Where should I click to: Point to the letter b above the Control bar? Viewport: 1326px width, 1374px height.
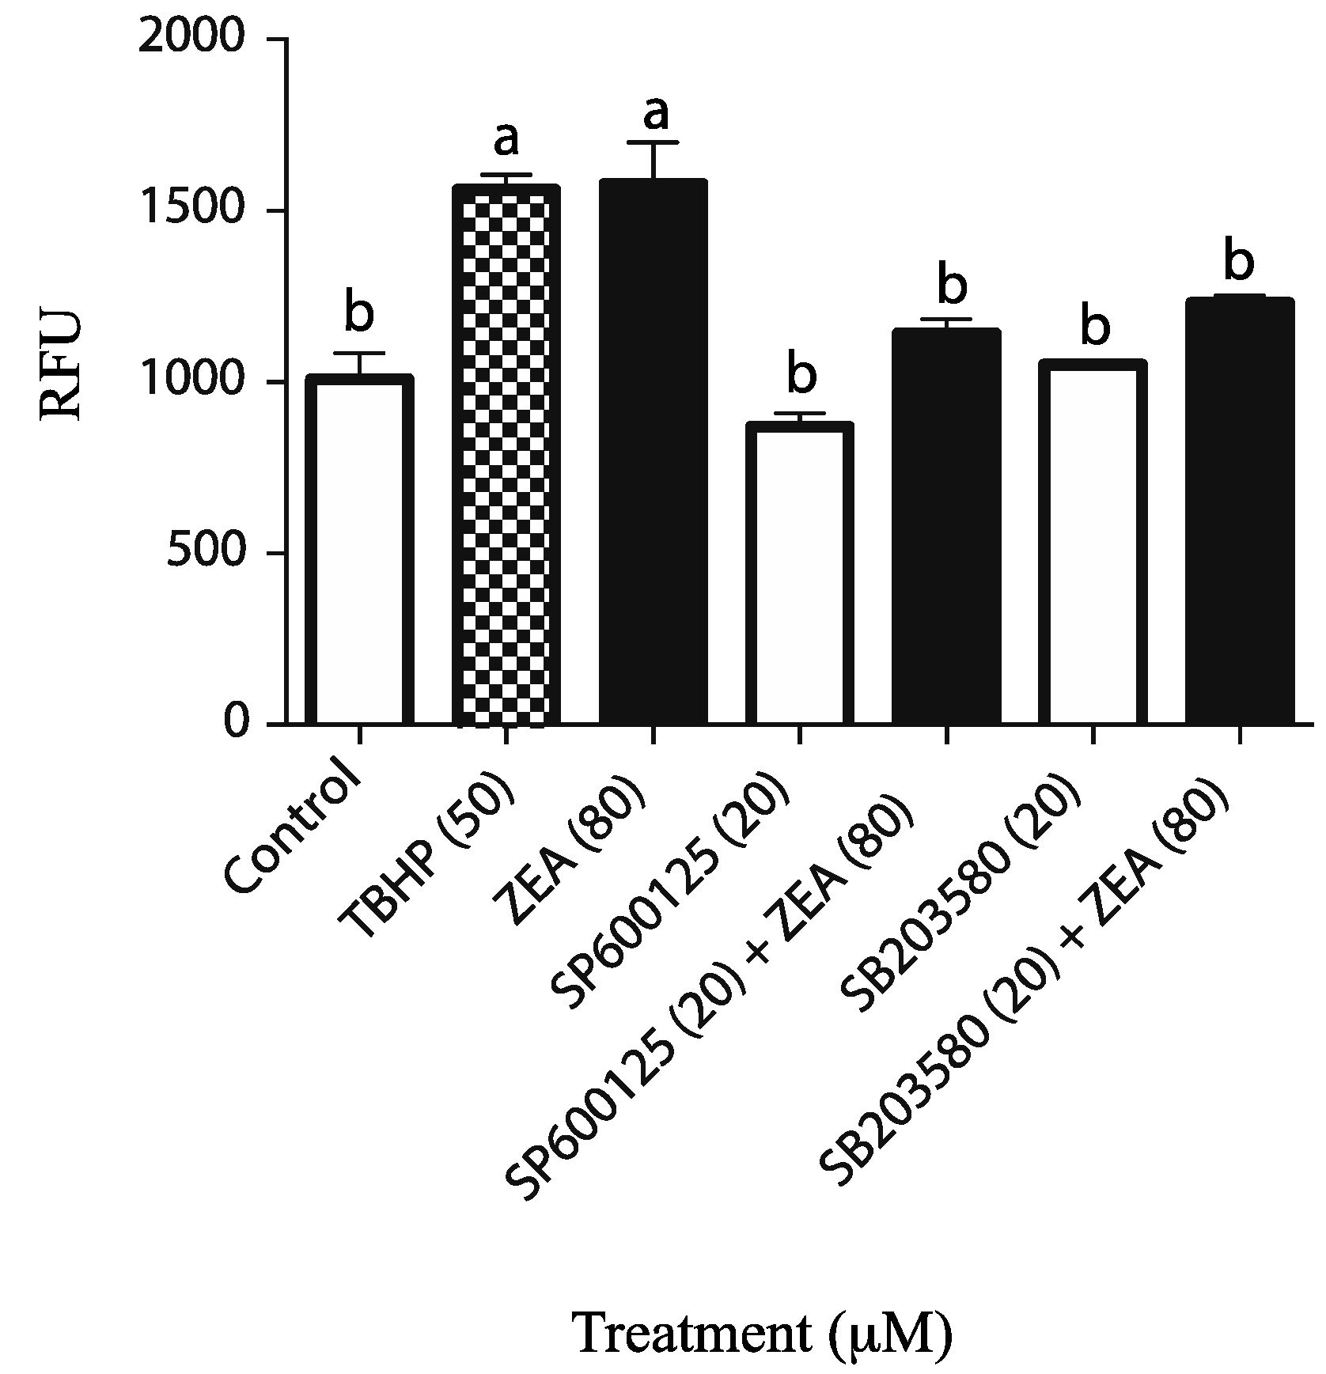coord(360,313)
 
